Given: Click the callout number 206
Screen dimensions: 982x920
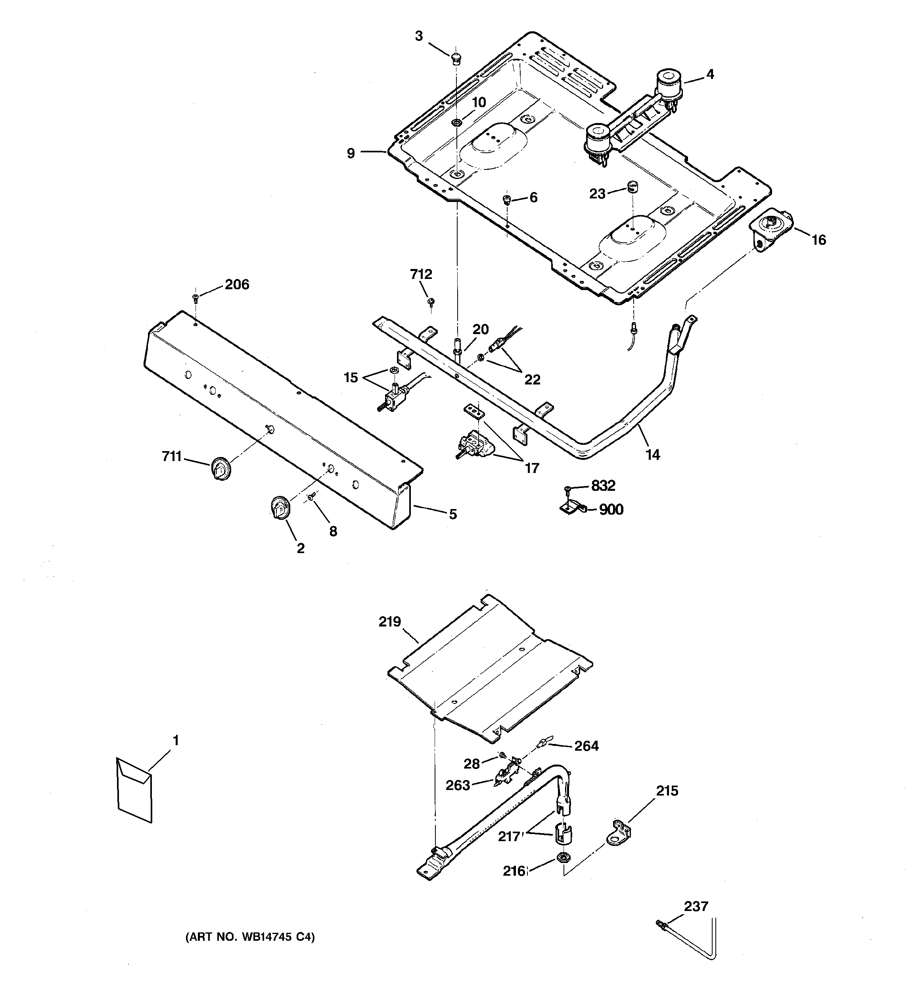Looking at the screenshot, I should pyautogui.click(x=237, y=284).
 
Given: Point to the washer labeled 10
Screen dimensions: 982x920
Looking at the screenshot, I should pyautogui.click(x=457, y=122).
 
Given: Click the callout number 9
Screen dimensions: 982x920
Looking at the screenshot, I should pyautogui.click(x=351, y=153).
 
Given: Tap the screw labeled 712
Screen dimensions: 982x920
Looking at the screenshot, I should pyautogui.click(x=431, y=301).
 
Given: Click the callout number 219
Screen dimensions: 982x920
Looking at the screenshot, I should pyautogui.click(x=390, y=621).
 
